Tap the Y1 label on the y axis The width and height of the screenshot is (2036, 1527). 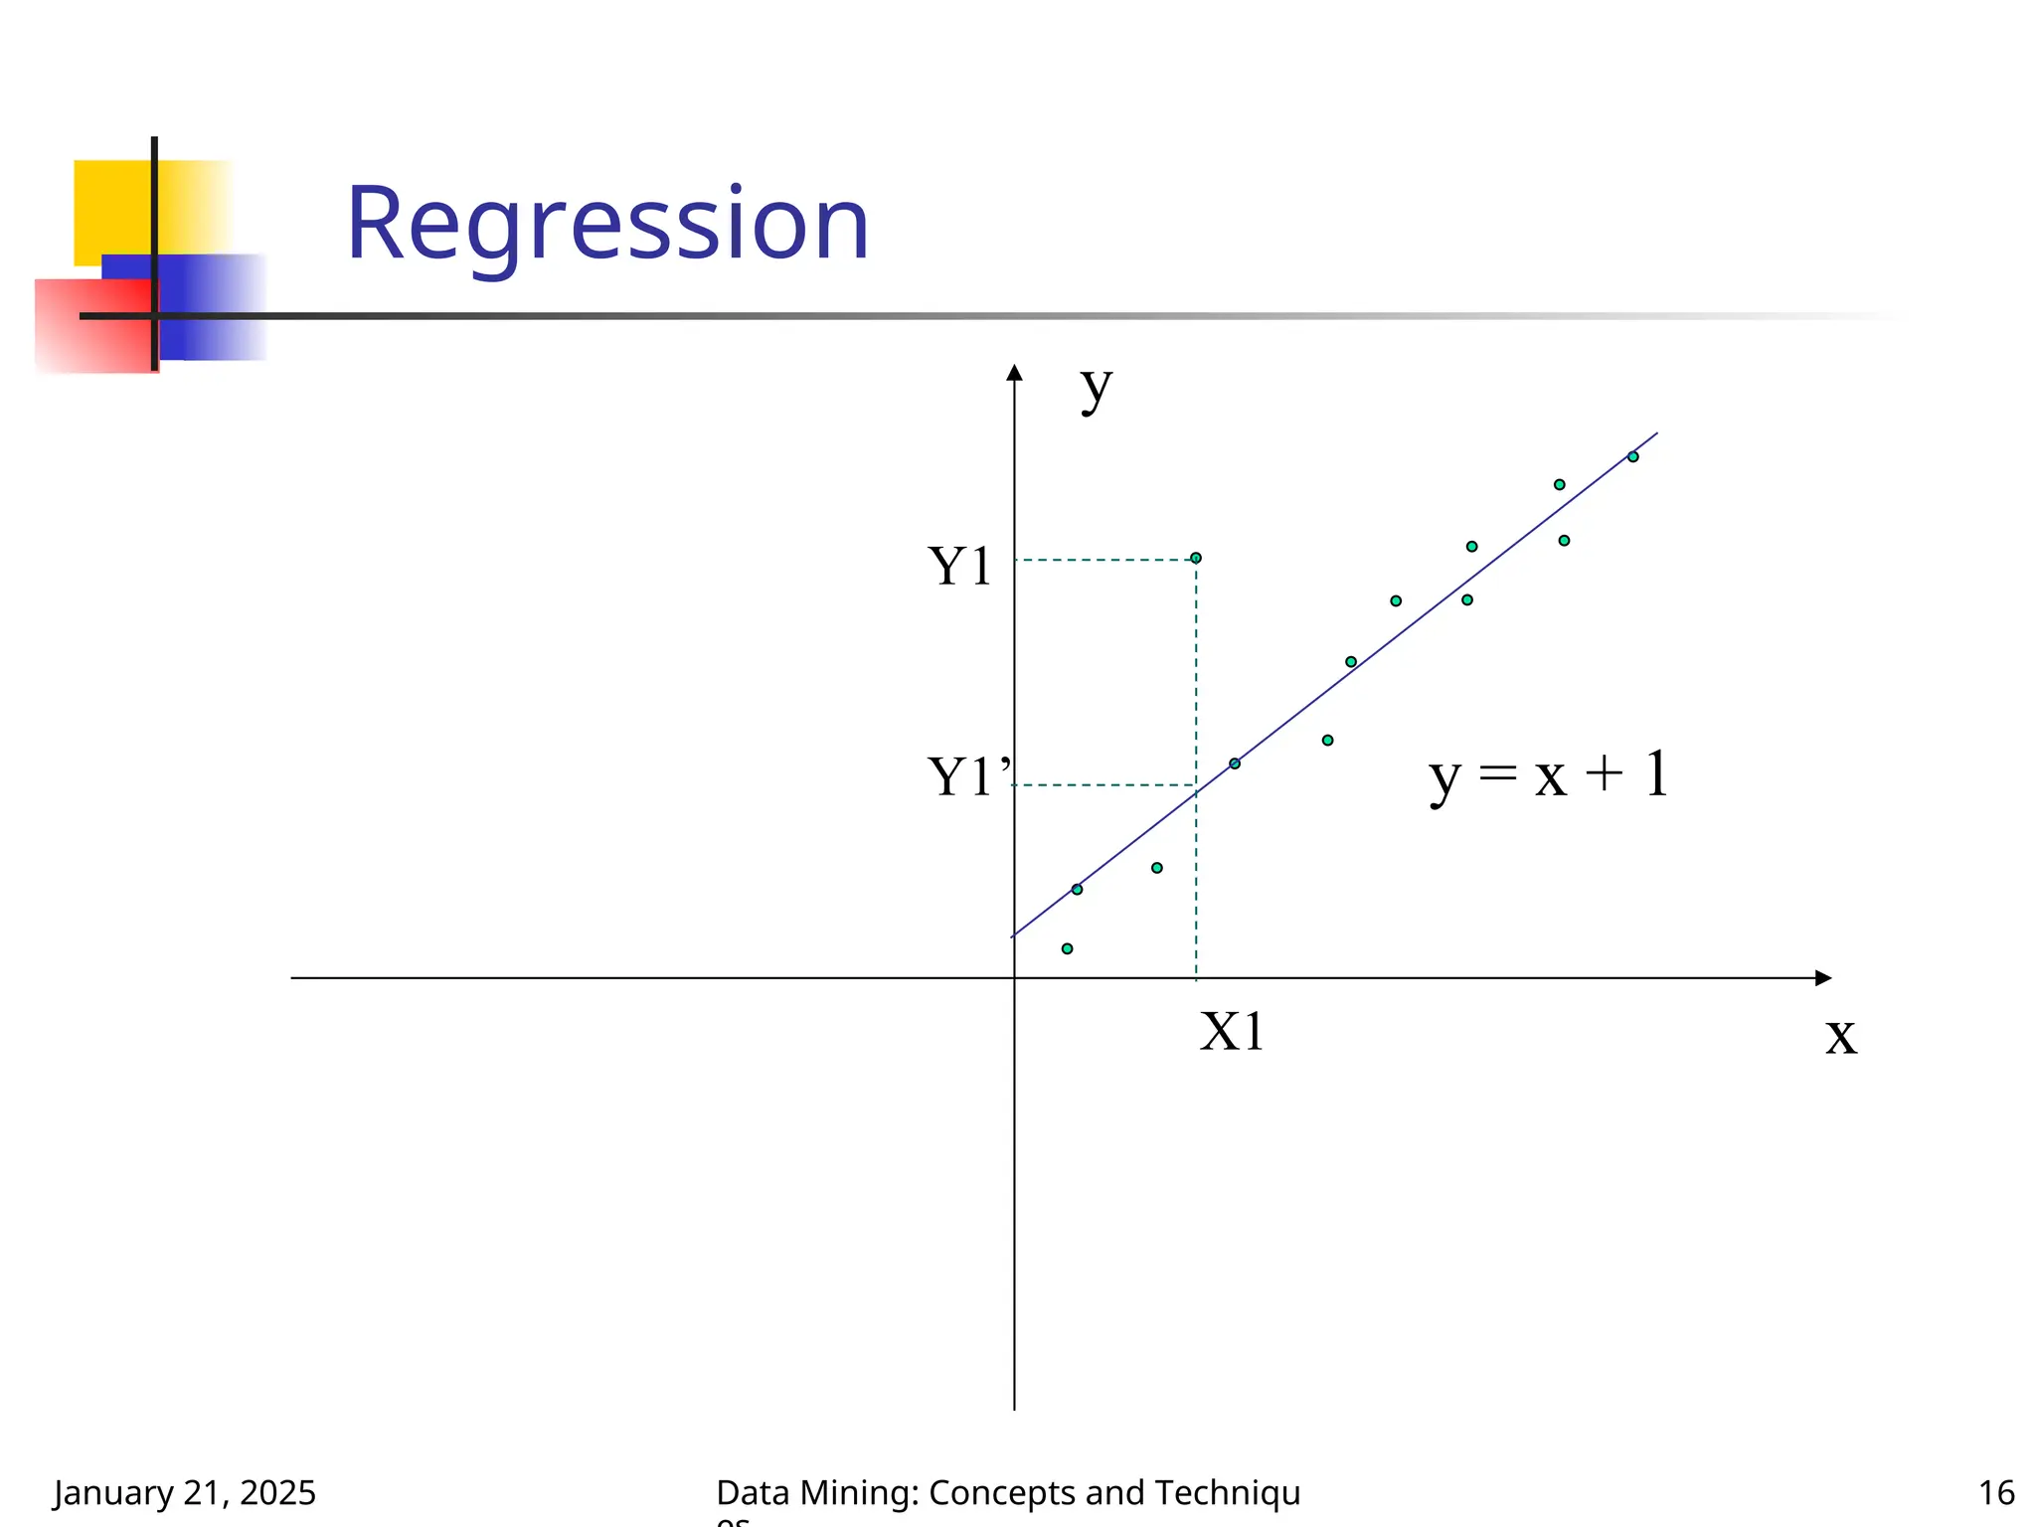[959, 567]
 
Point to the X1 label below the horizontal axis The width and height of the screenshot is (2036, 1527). [1232, 1032]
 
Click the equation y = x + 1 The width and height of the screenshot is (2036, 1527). [1549, 775]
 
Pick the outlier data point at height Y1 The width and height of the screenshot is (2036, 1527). [1196, 558]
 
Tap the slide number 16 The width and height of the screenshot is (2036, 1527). [1996, 1492]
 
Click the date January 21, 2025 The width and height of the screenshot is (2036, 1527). [185, 1492]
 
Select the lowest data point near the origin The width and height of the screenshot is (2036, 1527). [1067, 948]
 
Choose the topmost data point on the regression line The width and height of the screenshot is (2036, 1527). [1632, 457]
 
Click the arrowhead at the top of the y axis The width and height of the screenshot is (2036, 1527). [1014, 373]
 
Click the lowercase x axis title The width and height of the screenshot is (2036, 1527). [1840, 1037]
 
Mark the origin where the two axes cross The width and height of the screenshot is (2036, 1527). [1014, 978]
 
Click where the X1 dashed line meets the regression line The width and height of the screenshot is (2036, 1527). [1196, 792]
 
